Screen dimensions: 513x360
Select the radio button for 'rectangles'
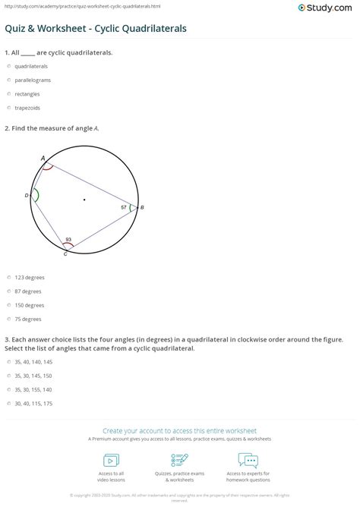[x=8, y=93]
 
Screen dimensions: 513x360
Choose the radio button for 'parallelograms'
[x=8, y=80]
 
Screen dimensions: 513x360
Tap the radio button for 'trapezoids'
[x=8, y=108]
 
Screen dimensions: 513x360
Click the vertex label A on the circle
[x=43, y=158]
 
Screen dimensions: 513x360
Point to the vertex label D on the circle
[x=27, y=195]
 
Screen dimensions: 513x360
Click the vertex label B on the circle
[x=143, y=207]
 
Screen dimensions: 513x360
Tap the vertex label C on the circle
[x=65, y=253]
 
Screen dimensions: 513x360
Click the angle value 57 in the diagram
[x=124, y=206]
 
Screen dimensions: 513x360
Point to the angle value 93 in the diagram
[x=68, y=239]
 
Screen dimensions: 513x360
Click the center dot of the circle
[x=84, y=200]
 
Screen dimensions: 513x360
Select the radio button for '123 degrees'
[x=8, y=277]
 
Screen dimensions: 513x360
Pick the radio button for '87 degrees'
[x=8, y=291]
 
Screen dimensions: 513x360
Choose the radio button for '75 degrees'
[x=8, y=319]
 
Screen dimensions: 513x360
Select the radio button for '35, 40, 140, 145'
[x=8, y=361]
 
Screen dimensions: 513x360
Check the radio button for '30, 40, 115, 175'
[x=8, y=403]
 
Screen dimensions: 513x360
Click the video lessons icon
[x=111, y=460]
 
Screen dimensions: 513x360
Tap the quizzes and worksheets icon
[x=180, y=460]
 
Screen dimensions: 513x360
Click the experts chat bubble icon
[x=248, y=460]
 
